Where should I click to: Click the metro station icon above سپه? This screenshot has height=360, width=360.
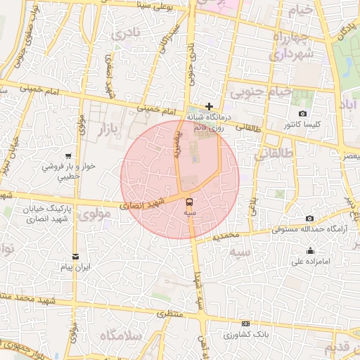[x=188, y=201]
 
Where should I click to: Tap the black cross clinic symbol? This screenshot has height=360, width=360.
[x=210, y=105]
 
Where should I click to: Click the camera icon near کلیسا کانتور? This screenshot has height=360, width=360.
[x=302, y=114]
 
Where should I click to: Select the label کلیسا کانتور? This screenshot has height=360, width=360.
[x=302, y=124]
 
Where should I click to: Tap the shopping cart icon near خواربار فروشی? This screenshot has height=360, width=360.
[x=67, y=155]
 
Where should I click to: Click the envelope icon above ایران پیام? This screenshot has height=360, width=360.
[x=75, y=256]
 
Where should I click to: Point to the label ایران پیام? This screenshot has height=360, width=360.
[x=74, y=268]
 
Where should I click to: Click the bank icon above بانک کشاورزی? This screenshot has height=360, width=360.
[x=245, y=323]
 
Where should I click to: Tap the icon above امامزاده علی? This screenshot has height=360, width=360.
[x=310, y=251]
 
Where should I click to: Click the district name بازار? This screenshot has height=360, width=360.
[x=105, y=129]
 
